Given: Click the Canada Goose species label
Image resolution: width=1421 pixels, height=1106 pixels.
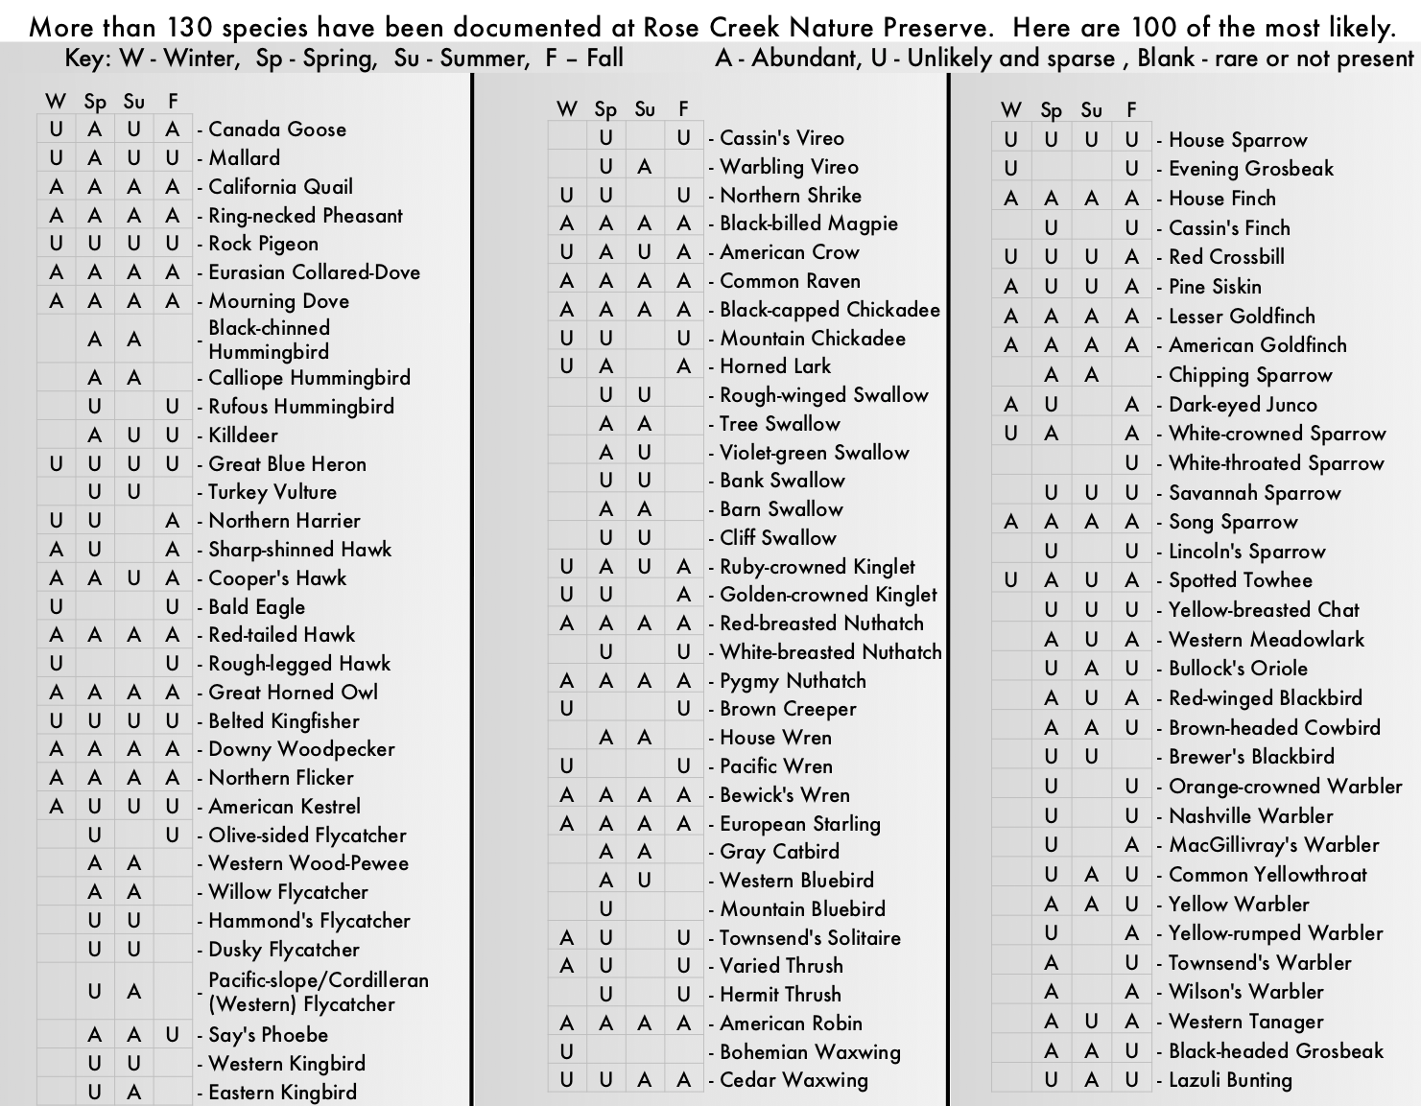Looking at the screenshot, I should pos(277,129).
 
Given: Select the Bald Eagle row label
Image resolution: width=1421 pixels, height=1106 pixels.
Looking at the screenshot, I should pos(256,607).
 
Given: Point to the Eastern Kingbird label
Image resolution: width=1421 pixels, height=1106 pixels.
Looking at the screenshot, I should pos(282,1093).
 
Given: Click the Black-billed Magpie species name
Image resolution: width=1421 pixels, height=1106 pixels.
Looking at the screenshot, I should pos(809,224).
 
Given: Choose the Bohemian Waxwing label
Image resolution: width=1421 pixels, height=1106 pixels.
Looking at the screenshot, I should pos(810,1052).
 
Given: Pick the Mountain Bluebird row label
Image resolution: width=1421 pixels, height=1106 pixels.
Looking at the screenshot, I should pos(802,909).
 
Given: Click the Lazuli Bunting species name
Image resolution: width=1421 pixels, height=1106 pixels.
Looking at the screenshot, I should pos(1230,1080).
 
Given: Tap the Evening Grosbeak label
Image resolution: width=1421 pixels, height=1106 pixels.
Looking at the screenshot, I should pos(1251,169).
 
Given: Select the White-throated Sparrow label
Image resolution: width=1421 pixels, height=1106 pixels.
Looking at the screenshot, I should pos(1276,463).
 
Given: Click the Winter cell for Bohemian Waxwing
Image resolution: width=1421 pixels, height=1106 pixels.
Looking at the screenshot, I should pos(567,1052).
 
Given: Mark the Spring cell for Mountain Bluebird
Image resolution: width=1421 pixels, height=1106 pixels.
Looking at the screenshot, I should pos(605,909).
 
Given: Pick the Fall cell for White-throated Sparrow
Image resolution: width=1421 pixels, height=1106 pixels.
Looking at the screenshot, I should pos(1132,463).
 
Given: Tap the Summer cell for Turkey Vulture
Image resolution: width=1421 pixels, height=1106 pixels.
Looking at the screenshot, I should pos(133,492).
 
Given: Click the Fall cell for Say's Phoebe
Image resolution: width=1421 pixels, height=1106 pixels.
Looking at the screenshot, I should pos(173,1035).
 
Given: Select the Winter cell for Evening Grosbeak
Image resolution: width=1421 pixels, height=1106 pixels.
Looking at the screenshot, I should pos(1010,169).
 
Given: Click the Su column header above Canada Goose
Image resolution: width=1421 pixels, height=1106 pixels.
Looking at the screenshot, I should pos(133,101).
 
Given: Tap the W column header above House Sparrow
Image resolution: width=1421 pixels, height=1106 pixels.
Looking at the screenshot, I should pos(1010,110).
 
